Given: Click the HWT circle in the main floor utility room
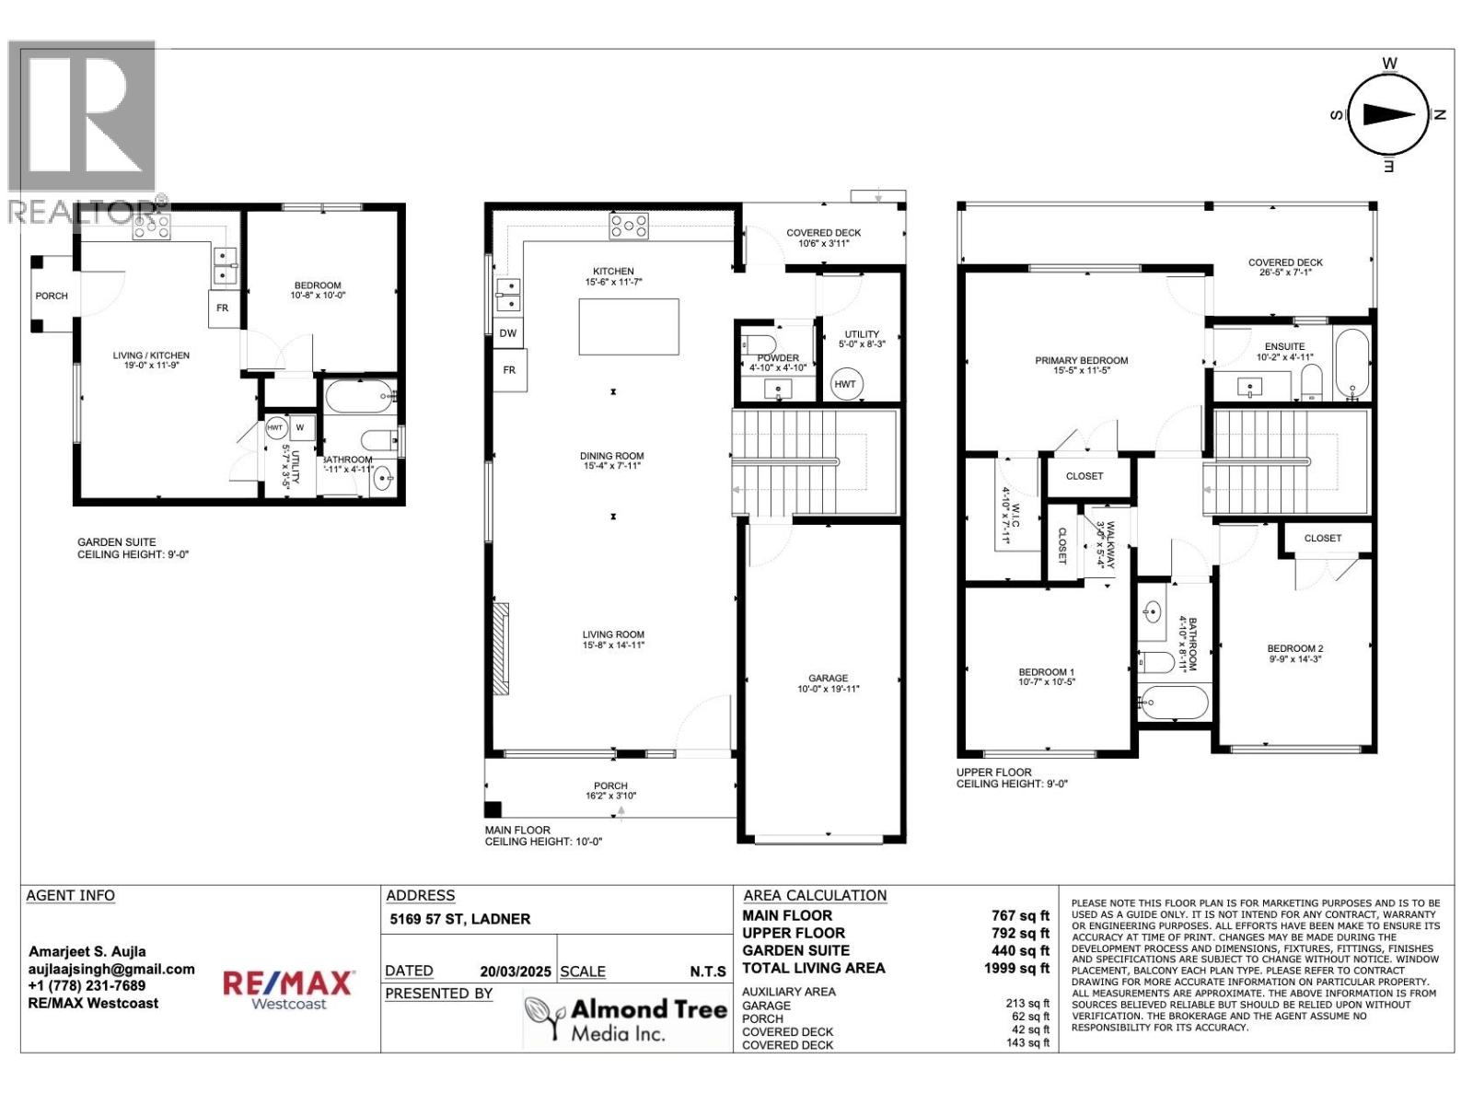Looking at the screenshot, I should point(845,384).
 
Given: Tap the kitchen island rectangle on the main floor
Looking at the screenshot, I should point(629,327).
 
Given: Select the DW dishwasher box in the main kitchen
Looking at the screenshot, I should point(508,333).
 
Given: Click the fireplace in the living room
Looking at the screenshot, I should point(500,648).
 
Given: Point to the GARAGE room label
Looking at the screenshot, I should point(828,679).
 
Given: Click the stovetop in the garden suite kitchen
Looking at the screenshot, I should point(152,227).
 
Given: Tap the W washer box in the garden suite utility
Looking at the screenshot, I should point(300,427).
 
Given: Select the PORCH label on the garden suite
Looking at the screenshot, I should point(52,297).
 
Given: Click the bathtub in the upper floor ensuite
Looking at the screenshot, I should point(1353,364).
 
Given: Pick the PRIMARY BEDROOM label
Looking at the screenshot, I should point(1081,361).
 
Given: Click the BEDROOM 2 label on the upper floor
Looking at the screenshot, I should point(1294,648).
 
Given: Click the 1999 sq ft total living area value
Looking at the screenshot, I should point(1016,968).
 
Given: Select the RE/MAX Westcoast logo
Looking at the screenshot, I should point(288,989).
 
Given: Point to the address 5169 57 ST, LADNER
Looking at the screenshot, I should point(459,919).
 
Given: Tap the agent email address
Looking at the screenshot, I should point(111,969).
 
